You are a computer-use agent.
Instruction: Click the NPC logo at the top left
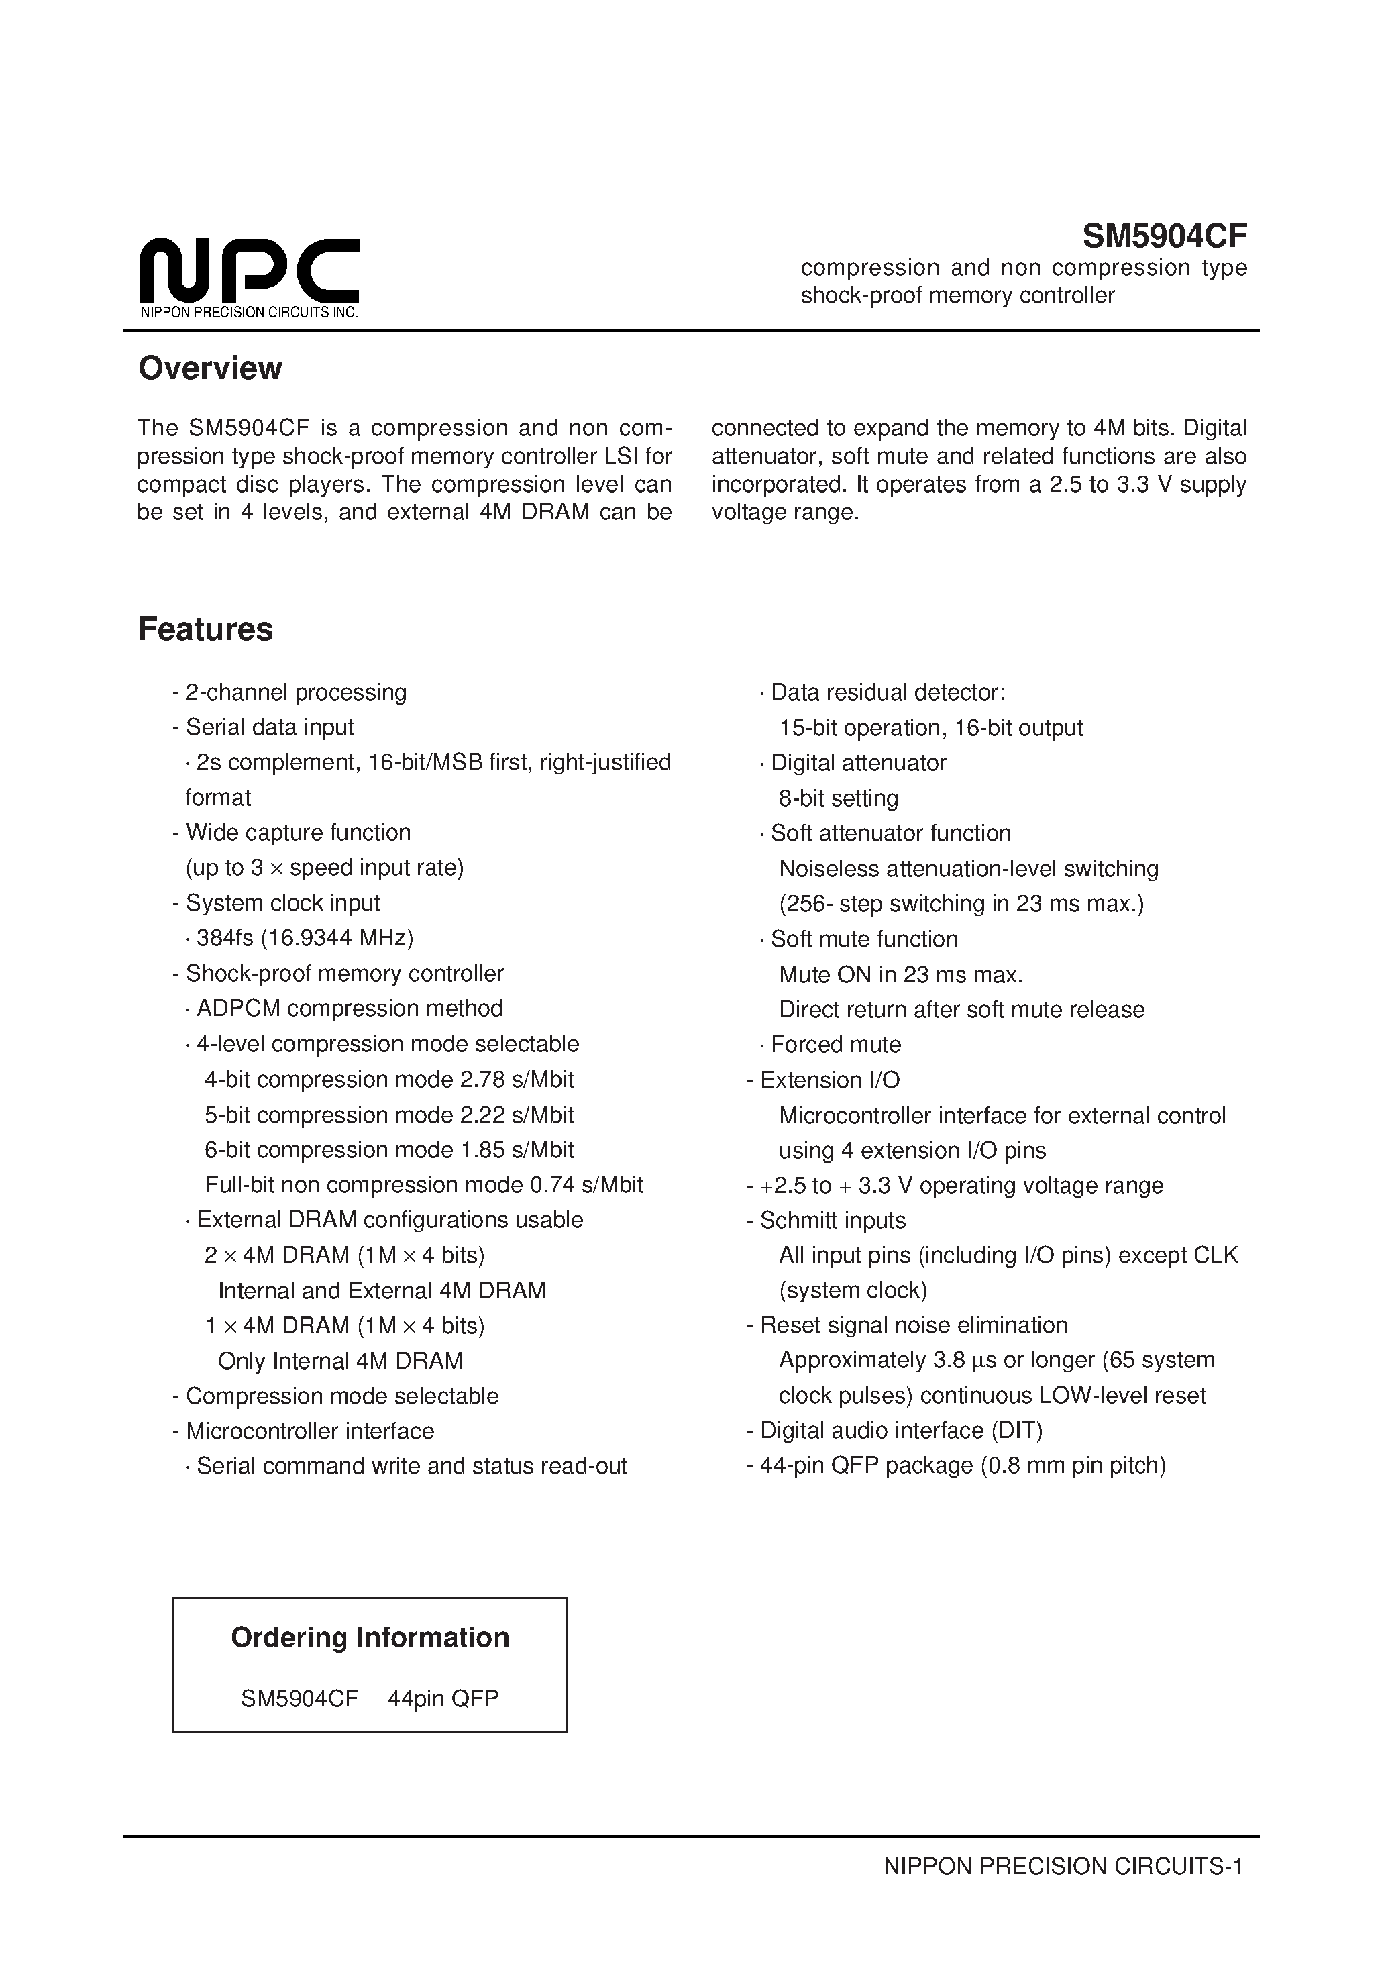click(249, 268)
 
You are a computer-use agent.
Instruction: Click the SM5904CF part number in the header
click(1164, 235)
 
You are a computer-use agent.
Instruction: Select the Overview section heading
click(210, 368)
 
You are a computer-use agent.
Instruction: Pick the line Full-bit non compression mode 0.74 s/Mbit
click(424, 1184)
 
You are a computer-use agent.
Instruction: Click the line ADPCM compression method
click(349, 1009)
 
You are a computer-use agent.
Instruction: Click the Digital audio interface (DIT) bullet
click(901, 1431)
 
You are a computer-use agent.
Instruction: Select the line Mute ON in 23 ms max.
click(901, 974)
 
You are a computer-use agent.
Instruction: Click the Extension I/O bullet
click(829, 1080)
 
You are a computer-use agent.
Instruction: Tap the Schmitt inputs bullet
click(833, 1221)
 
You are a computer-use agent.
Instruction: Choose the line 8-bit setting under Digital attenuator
click(839, 798)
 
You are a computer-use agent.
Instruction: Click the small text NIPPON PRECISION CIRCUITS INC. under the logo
click(249, 313)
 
